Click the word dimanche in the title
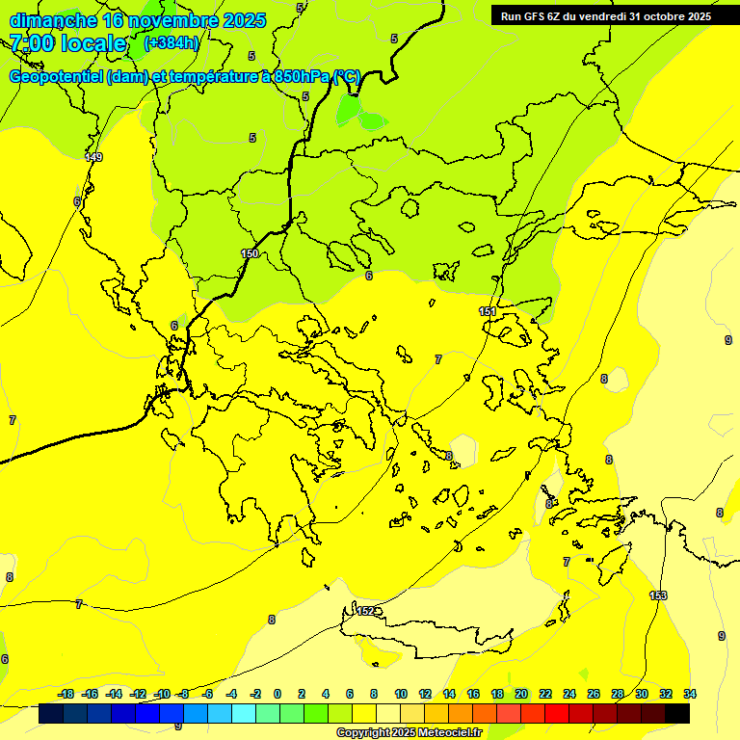point(52,20)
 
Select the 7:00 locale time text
point(67,43)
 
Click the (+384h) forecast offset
point(172,43)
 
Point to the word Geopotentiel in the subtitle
point(55,77)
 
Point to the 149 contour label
point(93,157)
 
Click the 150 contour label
point(251,253)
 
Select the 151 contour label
point(488,311)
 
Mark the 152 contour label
point(366,611)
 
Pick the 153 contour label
point(658,595)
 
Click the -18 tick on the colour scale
point(66,694)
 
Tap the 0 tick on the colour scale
point(277,694)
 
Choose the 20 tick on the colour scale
point(521,694)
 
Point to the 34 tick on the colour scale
point(690,694)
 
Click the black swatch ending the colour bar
point(677,714)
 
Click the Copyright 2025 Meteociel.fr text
point(409,733)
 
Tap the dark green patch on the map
point(358,112)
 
